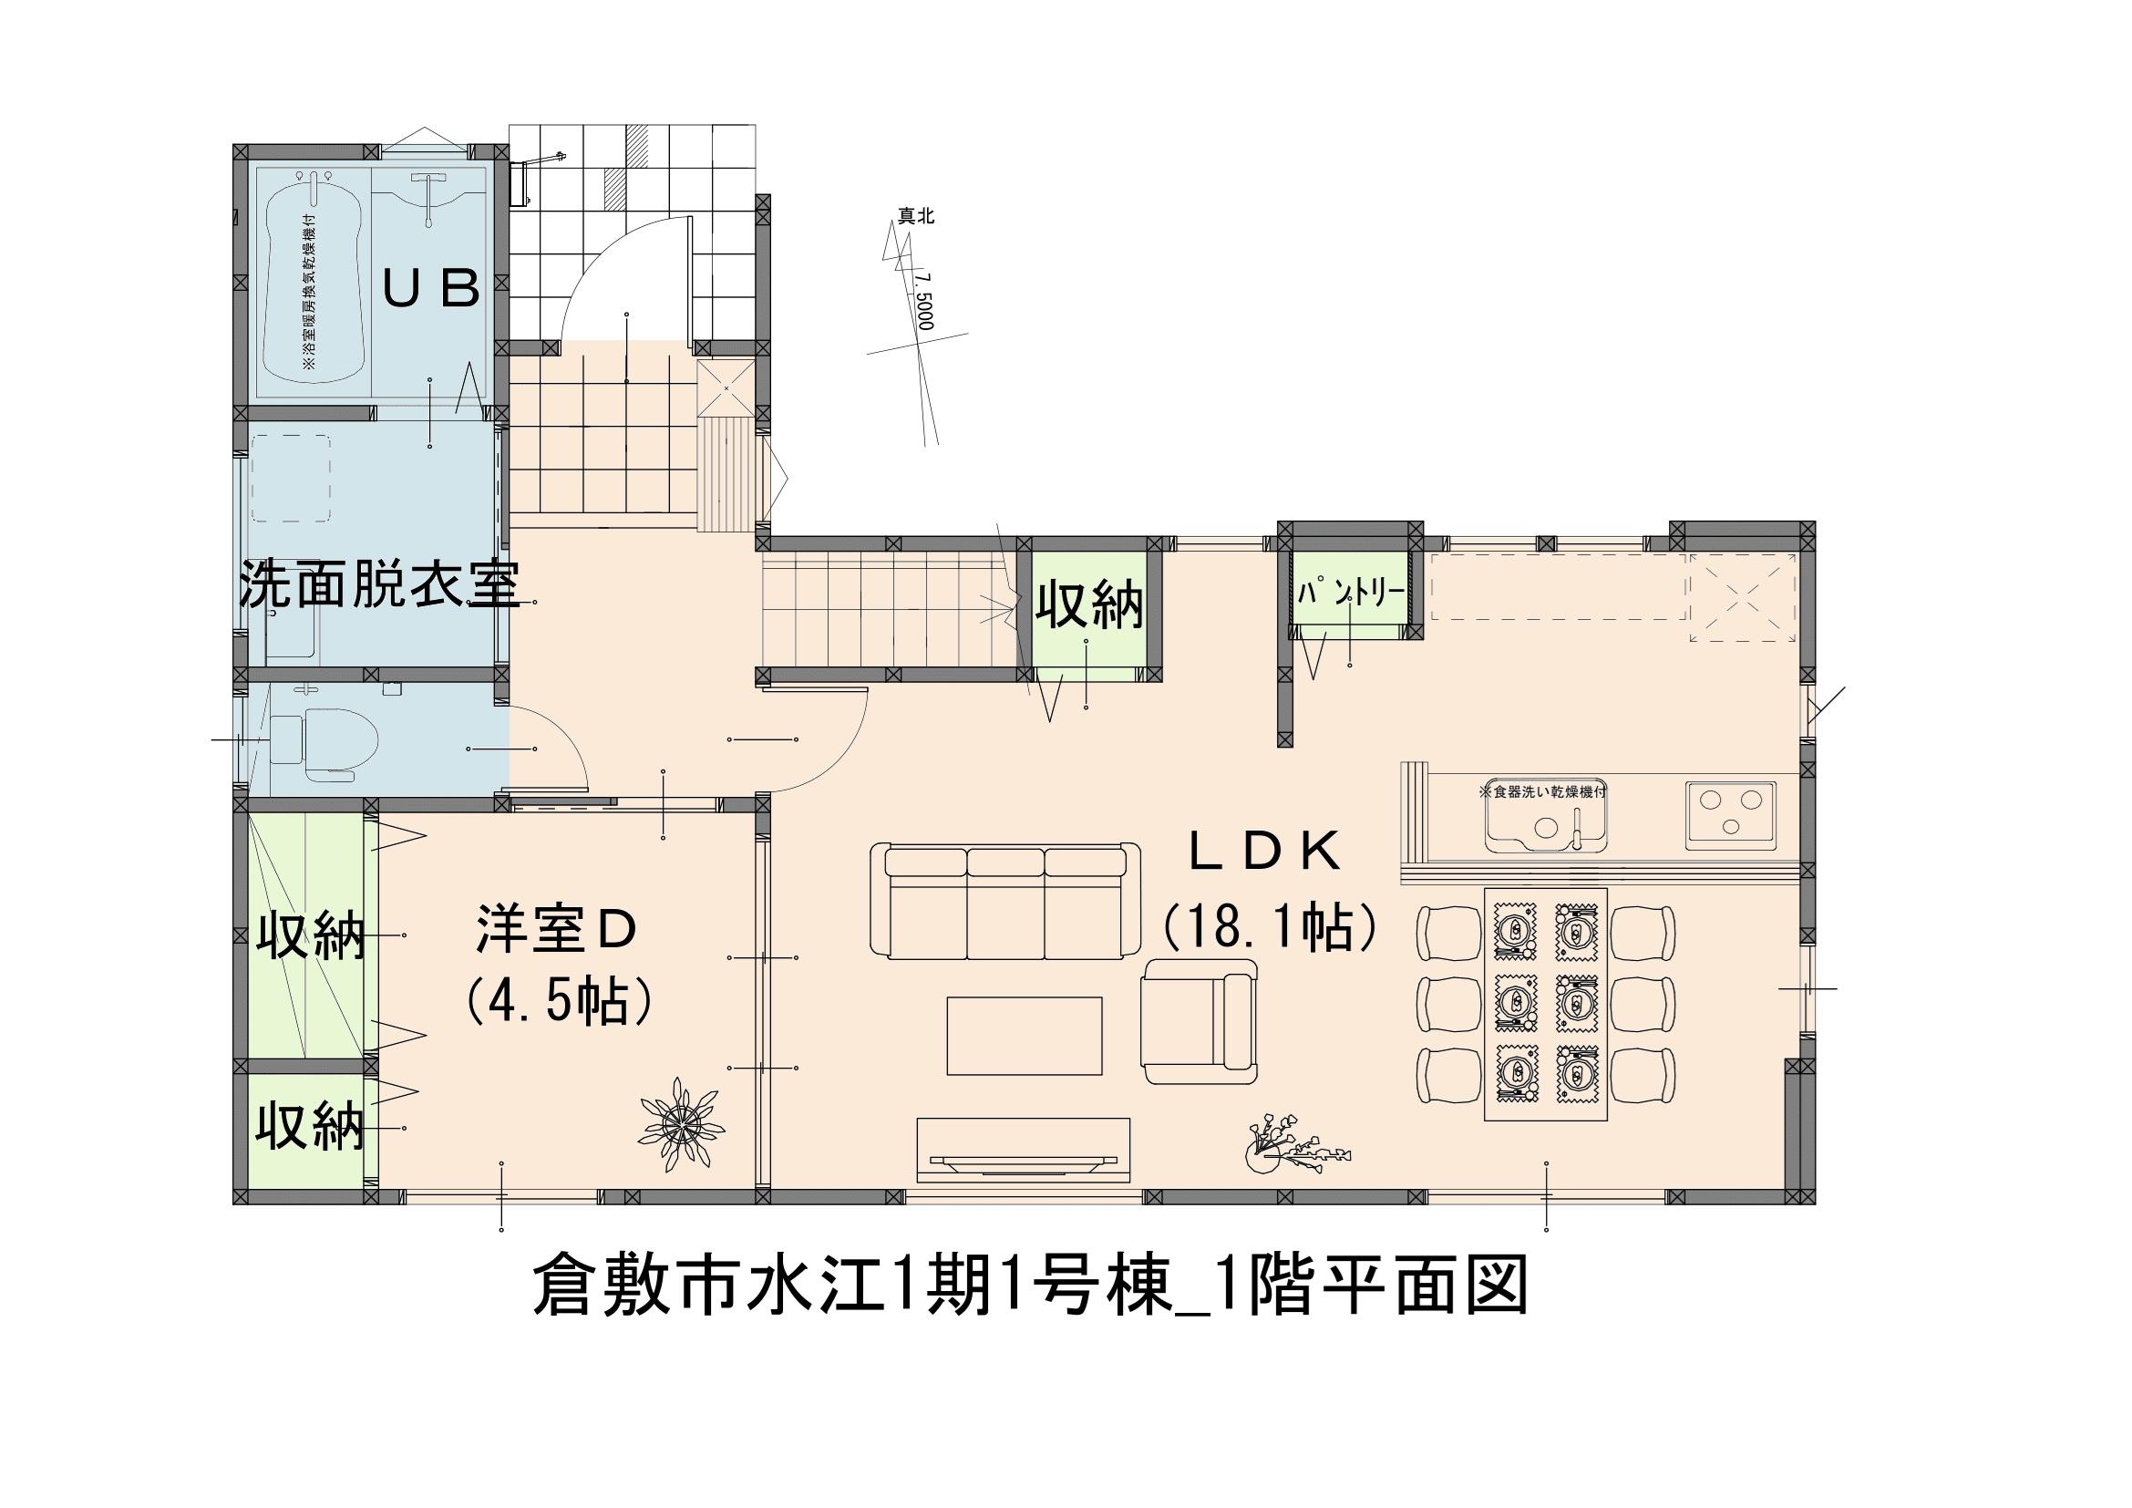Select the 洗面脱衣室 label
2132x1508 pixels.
coord(379,584)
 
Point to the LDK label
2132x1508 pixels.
coord(1266,852)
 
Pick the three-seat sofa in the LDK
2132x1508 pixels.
coord(1006,900)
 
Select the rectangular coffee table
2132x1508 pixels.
coord(1025,1036)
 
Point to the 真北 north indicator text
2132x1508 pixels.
coord(915,216)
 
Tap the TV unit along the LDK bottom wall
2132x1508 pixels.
coord(1025,1149)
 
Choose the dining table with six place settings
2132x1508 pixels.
coord(1546,1004)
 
